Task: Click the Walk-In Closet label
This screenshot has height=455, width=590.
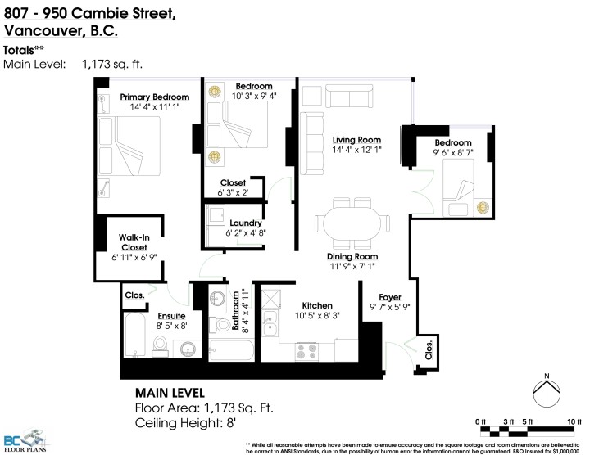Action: [x=134, y=241]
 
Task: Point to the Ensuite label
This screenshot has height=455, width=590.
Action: [x=171, y=315]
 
